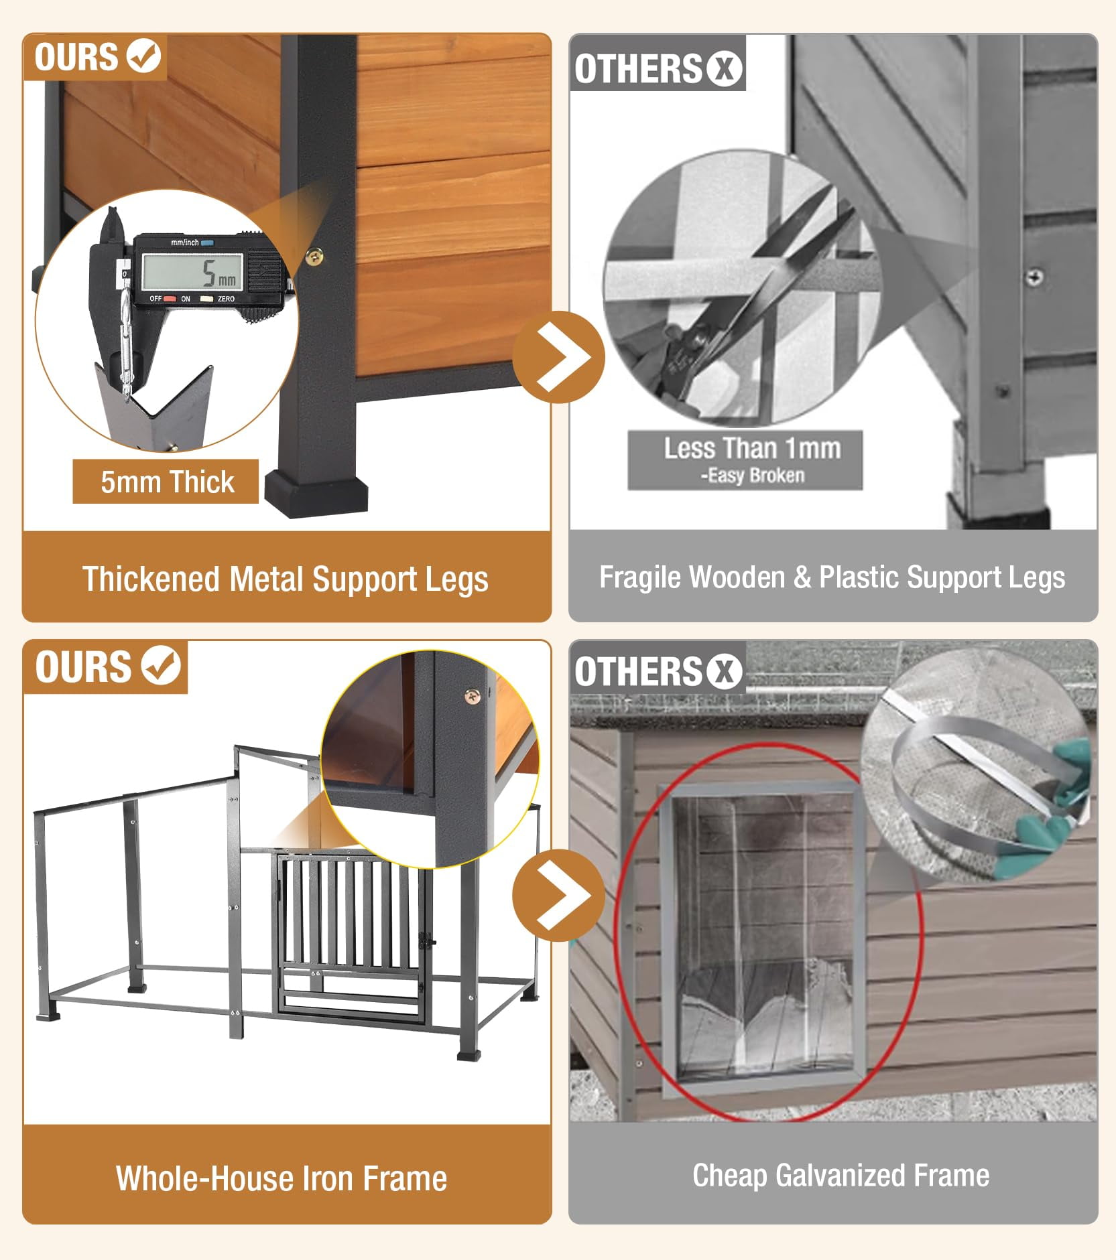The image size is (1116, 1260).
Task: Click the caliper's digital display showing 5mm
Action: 192,272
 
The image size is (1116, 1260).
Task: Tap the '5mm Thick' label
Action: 166,482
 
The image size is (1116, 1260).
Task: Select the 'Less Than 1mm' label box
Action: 745,460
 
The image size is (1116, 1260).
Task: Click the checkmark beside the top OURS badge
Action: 144,56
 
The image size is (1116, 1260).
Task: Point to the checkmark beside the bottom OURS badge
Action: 161,665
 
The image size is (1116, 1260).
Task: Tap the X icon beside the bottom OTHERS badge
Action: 723,671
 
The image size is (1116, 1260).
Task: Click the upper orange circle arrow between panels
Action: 558,357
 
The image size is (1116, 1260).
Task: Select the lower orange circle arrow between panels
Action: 558,896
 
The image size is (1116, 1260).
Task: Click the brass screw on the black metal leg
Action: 315,255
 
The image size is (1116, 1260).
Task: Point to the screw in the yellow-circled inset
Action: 472,697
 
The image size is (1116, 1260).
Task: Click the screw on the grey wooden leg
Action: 1036,276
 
